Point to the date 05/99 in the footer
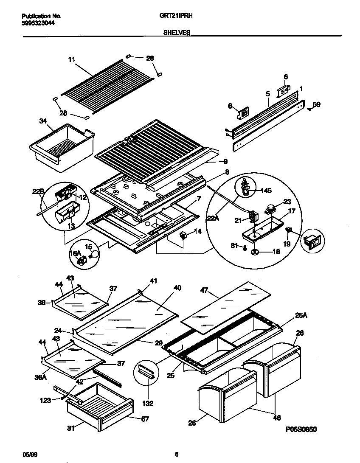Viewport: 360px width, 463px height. pyautogui.click(x=28, y=454)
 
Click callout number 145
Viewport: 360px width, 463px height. pyautogui.click(x=266, y=191)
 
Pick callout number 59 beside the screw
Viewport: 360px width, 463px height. pyautogui.click(x=316, y=104)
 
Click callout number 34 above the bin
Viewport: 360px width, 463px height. pyautogui.click(x=42, y=121)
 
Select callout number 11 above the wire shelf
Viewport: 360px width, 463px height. pyautogui.click(x=71, y=60)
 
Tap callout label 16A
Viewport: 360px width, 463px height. pyautogui.click(x=75, y=253)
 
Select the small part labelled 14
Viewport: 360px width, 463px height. pyautogui.click(x=184, y=236)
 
